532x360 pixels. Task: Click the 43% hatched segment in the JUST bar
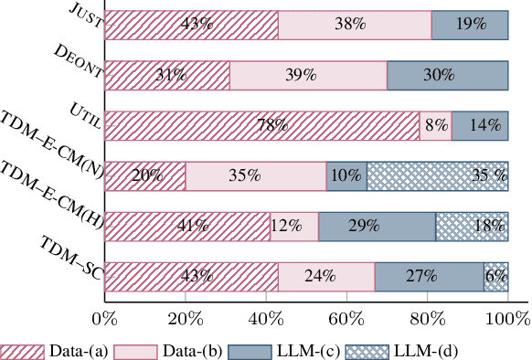coord(191,26)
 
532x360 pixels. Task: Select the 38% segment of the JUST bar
coord(355,26)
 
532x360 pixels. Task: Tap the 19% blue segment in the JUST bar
coord(470,26)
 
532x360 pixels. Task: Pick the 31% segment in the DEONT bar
coord(167,76)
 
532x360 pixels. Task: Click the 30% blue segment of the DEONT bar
coord(448,76)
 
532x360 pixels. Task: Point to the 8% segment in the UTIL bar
coord(435,125)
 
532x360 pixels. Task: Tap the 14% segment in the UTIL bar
coord(480,125)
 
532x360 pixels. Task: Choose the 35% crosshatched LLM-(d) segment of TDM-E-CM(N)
coord(437,175)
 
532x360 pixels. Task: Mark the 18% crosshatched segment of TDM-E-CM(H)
coord(472,225)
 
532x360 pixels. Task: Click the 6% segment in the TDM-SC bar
coord(496,274)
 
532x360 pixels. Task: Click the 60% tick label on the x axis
coord(346,319)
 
